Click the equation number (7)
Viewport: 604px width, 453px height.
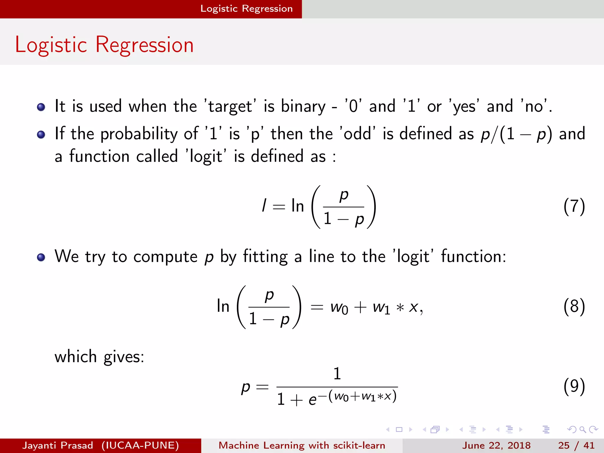tap(574, 206)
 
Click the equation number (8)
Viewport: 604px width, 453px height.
tap(574, 307)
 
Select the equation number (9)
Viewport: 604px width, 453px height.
tap(574, 386)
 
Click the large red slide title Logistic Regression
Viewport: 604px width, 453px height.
tap(104, 45)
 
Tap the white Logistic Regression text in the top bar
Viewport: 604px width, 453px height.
tap(247, 9)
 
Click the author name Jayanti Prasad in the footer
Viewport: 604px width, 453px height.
tap(58, 445)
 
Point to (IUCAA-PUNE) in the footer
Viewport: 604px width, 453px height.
tap(140, 445)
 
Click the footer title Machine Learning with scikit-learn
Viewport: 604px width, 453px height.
tap(302, 445)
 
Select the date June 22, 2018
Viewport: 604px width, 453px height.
tap(496, 445)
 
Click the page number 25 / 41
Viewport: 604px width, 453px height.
tap(576, 445)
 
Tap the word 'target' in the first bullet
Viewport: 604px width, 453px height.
tap(230, 106)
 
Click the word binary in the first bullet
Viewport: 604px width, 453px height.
tap(303, 106)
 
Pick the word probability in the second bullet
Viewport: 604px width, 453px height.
tap(139, 134)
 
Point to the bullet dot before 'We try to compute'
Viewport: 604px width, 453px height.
tap(41, 257)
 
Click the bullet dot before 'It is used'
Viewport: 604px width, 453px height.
tap(41, 107)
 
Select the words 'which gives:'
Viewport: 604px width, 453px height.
tap(99, 357)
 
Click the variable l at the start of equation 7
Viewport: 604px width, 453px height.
tap(264, 205)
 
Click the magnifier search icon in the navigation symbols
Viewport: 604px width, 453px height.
tap(582, 429)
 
